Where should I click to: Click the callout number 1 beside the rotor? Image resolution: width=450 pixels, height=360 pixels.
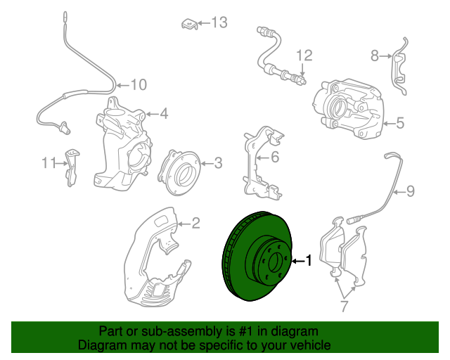point(308,261)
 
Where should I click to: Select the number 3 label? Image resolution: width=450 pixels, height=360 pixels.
point(218,164)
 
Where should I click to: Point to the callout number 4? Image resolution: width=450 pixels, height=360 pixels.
point(163,113)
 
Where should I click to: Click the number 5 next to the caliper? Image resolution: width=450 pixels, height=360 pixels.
point(399,124)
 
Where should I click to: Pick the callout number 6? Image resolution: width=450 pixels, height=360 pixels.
point(275,157)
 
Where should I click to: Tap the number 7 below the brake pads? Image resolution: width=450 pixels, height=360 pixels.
point(344,306)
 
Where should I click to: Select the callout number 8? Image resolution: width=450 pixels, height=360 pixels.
point(375,55)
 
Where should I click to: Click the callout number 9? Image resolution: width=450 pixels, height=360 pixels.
point(411,191)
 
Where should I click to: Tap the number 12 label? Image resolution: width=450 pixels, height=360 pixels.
point(303,55)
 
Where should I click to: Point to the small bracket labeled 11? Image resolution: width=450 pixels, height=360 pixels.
point(72,167)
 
